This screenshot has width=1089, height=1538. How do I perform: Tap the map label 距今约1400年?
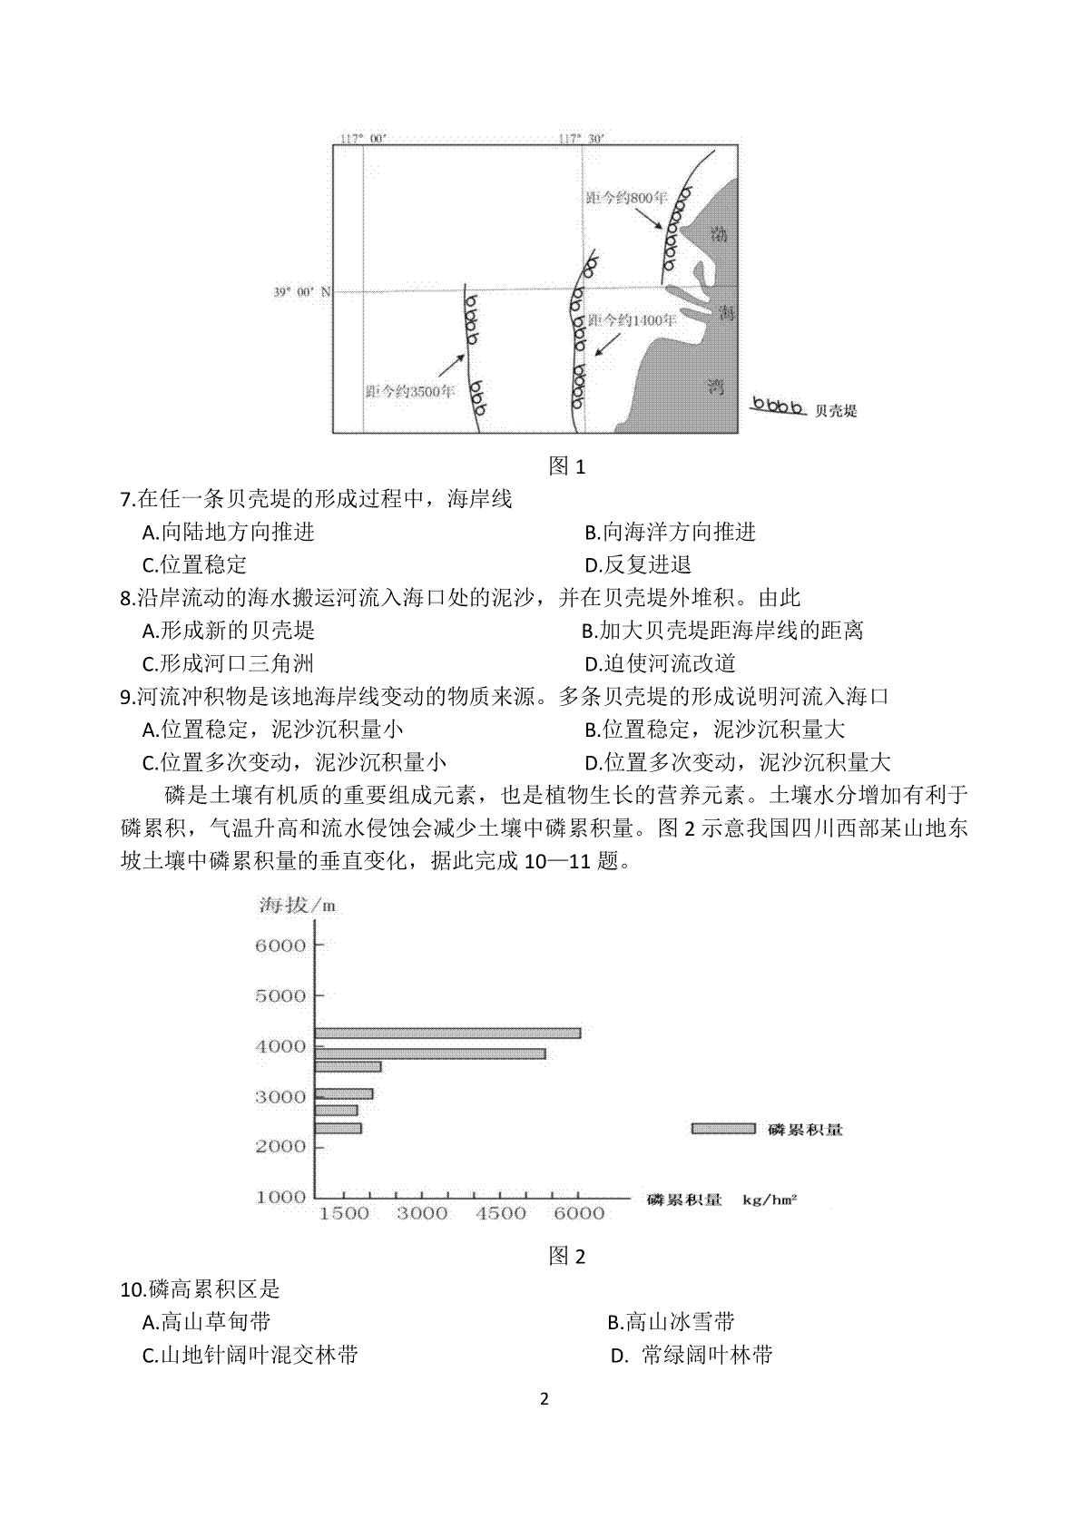tap(632, 319)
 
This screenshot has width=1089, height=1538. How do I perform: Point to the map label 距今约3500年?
tap(409, 391)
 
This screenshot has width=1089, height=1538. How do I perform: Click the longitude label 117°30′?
tap(581, 139)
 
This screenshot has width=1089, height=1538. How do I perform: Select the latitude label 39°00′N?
tap(302, 292)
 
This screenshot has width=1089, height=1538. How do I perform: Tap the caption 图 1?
tap(567, 466)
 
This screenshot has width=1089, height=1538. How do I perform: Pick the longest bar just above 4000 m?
tap(447, 1033)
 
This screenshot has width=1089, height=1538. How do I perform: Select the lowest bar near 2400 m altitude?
tap(338, 1128)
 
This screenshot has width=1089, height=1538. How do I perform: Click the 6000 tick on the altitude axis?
tap(281, 945)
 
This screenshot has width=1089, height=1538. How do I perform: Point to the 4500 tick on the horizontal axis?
tap(501, 1213)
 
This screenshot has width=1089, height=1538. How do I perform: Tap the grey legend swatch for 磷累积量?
tap(722, 1128)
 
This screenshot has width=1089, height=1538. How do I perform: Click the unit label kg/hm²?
tap(769, 1200)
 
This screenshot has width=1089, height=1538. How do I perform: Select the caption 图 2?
tap(567, 1256)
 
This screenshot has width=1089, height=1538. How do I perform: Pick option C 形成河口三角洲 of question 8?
tap(229, 663)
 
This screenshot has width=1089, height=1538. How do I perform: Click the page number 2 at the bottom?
tap(544, 1424)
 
